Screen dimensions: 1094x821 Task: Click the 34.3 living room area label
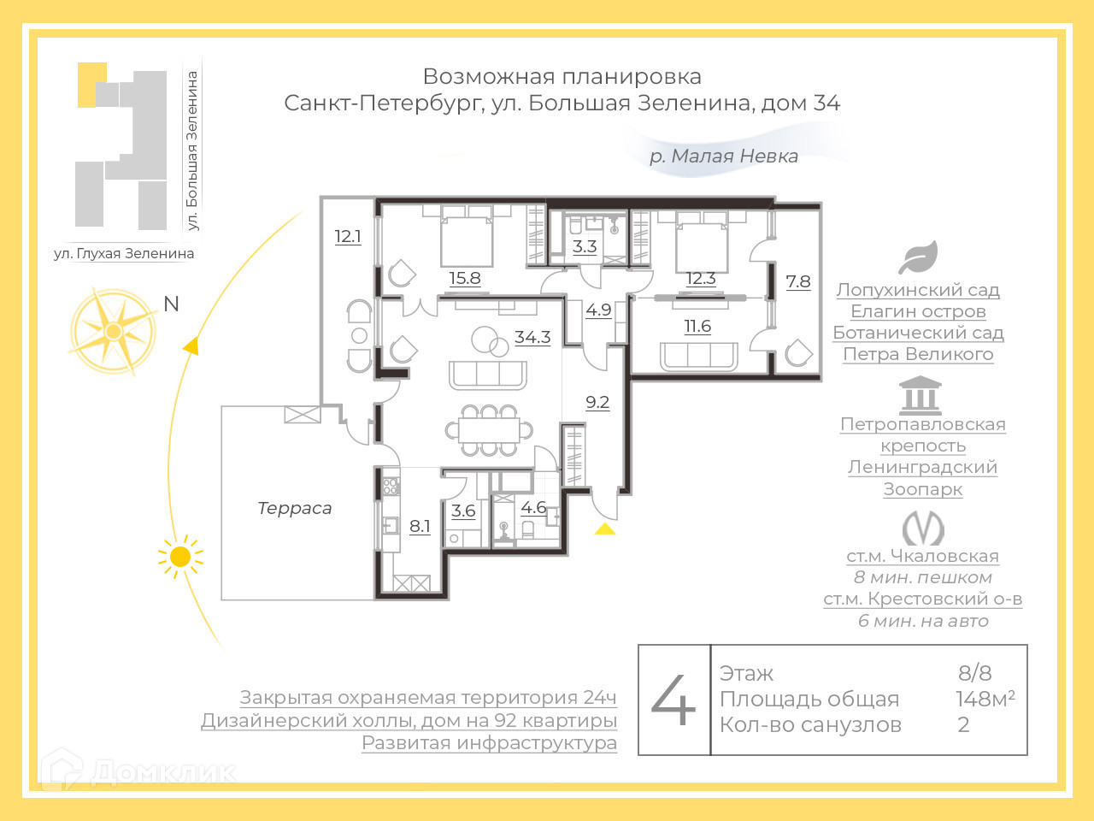click(x=532, y=338)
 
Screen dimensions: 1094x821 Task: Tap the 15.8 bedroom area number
click(x=465, y=278)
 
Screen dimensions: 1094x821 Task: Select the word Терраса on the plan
click(x=295, y=508)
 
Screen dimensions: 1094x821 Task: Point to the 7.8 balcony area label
click(x=798, y=281)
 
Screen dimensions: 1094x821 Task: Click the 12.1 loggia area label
click(x=348, y=237)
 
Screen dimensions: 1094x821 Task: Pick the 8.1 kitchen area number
click(x=420, y=526)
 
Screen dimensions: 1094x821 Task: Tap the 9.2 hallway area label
click(x=597, y=402)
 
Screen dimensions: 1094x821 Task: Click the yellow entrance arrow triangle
click(x=605, y=529)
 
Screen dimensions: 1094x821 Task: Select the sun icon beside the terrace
click(x=180, y=557)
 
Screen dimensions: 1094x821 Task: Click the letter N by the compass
click(x=171, y=304)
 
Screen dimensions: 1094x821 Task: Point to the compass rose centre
click(x=113, y=331)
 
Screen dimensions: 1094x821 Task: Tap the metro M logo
click(x=923, y=528)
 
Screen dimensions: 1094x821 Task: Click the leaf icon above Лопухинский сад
click(x=918, y=257)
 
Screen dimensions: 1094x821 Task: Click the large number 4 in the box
click(x=673, y=700)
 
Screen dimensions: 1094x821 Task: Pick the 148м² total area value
click(x=985, y=699)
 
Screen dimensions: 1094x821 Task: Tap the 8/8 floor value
click(x=974, y=673)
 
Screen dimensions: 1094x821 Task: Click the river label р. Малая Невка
click(x=724, y=156)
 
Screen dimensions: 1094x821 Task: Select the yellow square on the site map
click(x=91, y=85)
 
